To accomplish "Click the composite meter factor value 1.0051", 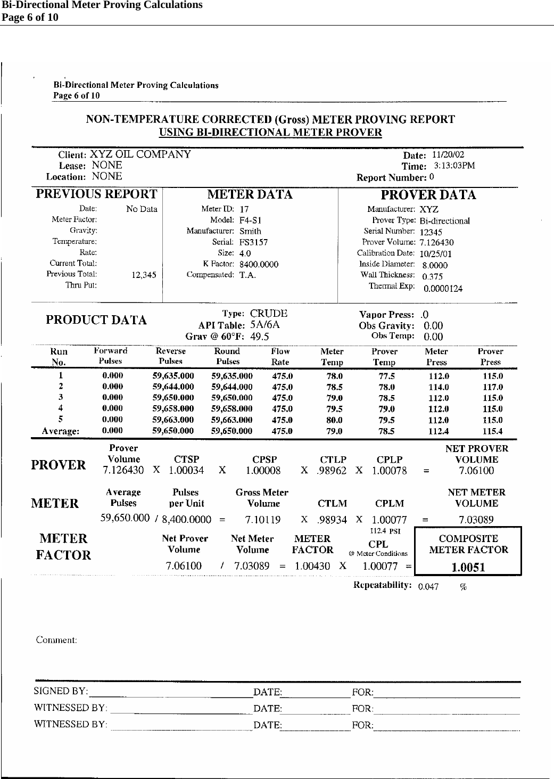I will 468,567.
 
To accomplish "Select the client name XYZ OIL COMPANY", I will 140,154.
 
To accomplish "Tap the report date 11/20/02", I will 448,155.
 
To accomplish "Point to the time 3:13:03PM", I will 454,166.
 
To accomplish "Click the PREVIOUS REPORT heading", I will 96,194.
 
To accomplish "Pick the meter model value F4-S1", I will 250,220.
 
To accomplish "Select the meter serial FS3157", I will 253,242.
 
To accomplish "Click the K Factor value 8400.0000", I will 259,264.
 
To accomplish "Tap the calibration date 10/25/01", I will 436,254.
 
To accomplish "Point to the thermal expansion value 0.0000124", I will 443,289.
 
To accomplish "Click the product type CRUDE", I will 269,314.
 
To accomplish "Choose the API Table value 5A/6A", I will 265,325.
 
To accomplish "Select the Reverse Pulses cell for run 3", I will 173,398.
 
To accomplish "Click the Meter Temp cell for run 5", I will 334,420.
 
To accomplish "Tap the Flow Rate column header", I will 280,356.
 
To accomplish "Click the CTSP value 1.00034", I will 186,471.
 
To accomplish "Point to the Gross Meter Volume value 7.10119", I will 263,520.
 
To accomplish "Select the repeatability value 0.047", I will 428,587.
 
